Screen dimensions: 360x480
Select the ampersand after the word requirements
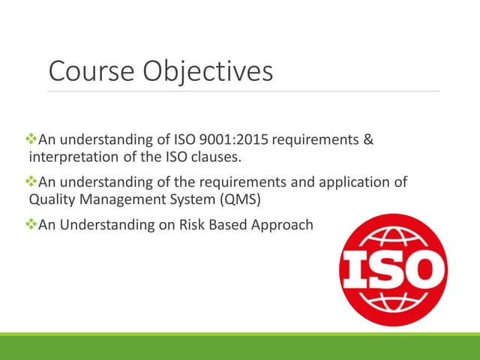point(368,139)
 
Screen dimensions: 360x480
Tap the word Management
point(115,199)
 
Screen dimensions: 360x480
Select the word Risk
point(185,225)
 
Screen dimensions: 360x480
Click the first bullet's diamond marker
point(31,139)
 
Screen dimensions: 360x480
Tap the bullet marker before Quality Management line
point(31,182)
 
